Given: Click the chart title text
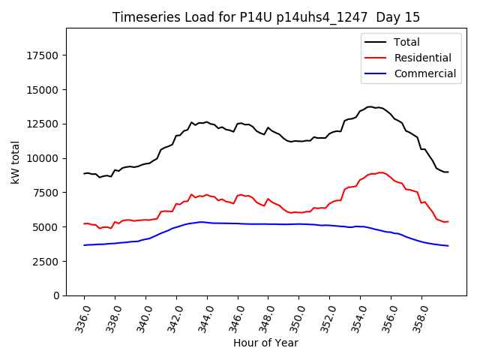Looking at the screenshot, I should (x=266, y=17).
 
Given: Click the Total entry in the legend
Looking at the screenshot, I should (x=406, y=42).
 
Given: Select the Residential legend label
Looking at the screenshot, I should (x=422, y=58).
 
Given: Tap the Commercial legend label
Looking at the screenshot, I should (x=424, y=73).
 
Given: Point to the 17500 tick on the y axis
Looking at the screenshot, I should (x=43, y=55).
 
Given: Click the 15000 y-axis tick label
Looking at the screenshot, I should (x=43, y=90).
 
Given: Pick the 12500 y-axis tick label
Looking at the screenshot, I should (x=43, y=124).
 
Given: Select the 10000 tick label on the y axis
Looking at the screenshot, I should (x=43, y=158).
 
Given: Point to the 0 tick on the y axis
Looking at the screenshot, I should (x=56, y=295).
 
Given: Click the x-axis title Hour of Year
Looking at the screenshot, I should (x=265, y=343).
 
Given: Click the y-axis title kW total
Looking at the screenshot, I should (x=15, y=162).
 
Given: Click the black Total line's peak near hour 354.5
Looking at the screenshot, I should (x=370, y=106).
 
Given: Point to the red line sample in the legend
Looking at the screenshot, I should (x=376, y=58).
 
